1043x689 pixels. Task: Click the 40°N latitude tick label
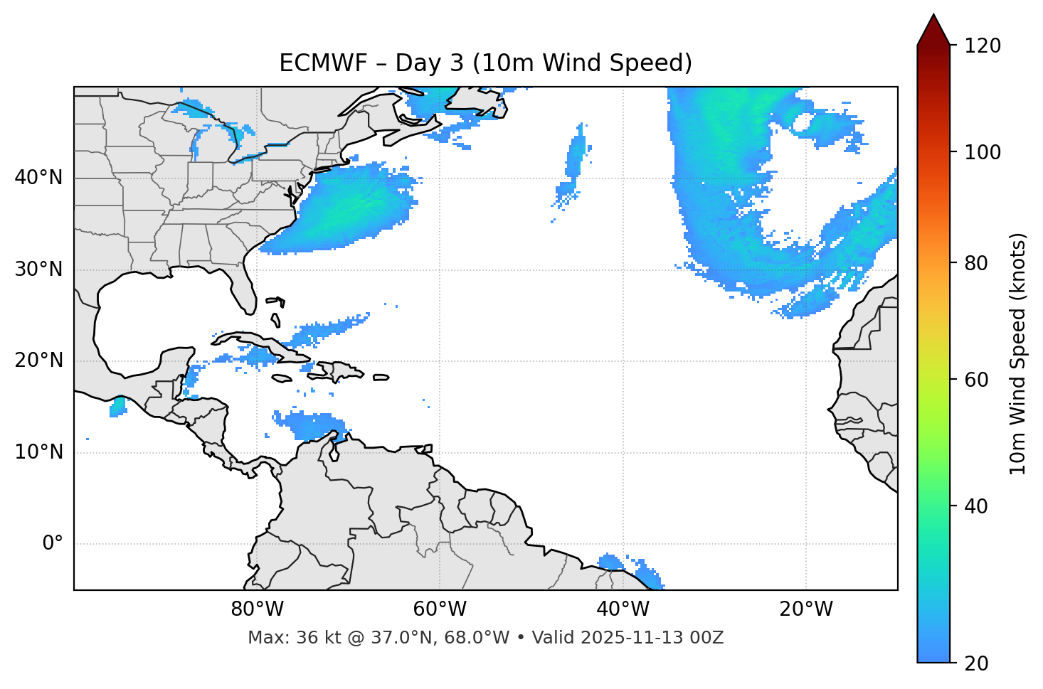pos(38,178)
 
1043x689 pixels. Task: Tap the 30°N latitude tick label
pos(38,269)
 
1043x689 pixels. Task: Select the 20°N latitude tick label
pos(38,360)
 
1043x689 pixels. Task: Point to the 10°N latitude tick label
pos(38,452)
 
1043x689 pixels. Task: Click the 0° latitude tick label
pos(53,544)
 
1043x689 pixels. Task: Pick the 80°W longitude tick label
pos(257,609)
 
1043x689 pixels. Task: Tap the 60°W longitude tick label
pos(440,609)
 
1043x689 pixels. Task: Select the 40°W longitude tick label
pos(623,609)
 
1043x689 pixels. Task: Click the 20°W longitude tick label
pos(805,609)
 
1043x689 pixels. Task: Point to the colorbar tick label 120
pos(982,46)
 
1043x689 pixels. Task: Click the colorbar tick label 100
pos(982,152)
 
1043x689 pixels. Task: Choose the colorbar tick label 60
pos(977,380)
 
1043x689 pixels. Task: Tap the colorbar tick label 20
pos(977,663)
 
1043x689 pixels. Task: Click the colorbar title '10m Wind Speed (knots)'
pos(1018,353)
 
